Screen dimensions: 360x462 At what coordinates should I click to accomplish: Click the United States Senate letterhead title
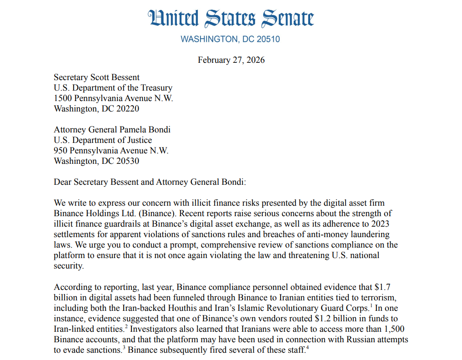coord(231,18)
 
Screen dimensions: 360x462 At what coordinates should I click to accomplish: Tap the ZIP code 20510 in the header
coord(267,39)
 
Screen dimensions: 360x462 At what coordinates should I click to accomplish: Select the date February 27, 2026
coord(231,60)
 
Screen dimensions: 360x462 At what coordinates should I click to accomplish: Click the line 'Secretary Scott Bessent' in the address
coord(96,77)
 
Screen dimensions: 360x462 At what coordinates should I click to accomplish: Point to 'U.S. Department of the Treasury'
coord(113,88)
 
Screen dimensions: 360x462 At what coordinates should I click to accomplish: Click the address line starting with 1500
coord(113,98)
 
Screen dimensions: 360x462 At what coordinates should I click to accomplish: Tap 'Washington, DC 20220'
coord(96,109)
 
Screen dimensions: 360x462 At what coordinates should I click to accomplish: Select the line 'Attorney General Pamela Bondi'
coord(112,130)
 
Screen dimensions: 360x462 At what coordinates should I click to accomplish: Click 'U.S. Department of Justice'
coord(103,140)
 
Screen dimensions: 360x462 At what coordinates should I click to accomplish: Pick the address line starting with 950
coord(111,151)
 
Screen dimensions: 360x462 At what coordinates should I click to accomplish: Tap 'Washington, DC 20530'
coord(96,161)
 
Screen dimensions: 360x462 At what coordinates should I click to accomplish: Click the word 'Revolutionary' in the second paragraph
coord(278,308)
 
